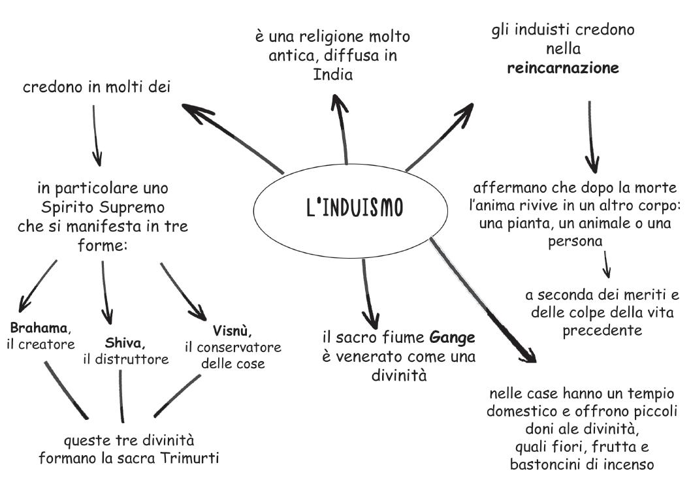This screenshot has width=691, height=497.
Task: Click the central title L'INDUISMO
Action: coord(355,208)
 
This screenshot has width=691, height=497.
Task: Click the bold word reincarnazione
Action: coord(563,68)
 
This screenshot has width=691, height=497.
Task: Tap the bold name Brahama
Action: coord(39,328)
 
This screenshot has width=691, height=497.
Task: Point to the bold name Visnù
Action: coord(232,330)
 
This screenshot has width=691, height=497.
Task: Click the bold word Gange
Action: coord(452,338)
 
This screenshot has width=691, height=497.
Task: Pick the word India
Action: coord(332,74)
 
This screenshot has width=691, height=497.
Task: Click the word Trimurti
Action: coord(189,458)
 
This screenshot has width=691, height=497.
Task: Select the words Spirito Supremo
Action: coord(103,207)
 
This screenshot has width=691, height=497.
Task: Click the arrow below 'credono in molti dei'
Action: coord(96,136)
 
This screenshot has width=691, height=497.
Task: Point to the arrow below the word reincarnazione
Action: coord(592,137)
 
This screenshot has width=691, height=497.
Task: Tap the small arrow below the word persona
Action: coord(606,265)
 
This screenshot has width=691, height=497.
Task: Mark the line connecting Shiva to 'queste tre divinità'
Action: coord(121,396)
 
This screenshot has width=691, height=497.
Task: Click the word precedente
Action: coord(602,330)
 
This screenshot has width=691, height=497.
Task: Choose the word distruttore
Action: coord(132,359)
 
